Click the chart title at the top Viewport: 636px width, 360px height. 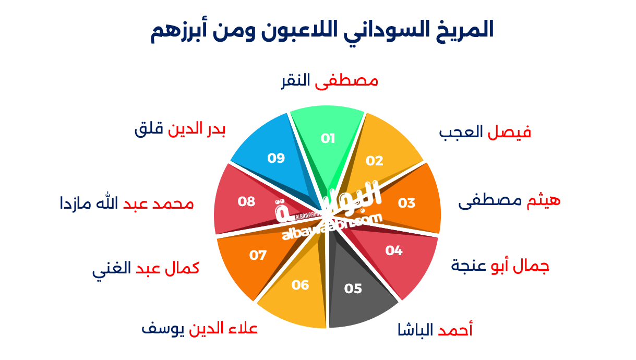tap(322, 31)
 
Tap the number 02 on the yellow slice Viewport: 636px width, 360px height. tap(375, 161)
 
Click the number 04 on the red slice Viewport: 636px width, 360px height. tap(394, 251)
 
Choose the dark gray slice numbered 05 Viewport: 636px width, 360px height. tap(353, 289)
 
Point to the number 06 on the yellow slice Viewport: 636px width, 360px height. tap(301, 285)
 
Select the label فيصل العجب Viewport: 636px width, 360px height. tap(485, 133)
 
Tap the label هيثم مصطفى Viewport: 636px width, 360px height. tap(509, 200)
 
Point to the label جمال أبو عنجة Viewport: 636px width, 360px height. tap(500, 266)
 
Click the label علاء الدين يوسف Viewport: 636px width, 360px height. tap(199, 329)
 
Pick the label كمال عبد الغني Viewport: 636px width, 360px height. tap(146, 269)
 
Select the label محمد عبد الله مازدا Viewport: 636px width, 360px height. tap(127, 203)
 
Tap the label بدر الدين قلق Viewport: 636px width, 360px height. tap(180, 129)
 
